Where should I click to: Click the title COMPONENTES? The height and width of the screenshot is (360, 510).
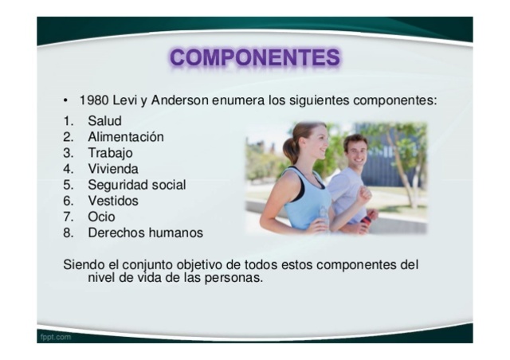tap(254, 58)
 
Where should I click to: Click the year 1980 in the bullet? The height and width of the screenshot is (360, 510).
tap(93, 101)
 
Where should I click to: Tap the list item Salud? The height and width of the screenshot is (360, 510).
tap(104, 121)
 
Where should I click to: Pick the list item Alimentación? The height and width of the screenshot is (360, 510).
tap(125, 137)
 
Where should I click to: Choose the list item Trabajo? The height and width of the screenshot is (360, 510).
tap(110, 153)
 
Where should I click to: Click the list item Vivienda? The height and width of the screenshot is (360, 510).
tap(112, 169)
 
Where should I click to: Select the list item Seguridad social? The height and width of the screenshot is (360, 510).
tap(136, 185)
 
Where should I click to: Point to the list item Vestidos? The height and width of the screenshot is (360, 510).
tap(112, 201)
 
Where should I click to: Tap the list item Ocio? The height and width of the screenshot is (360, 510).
tap(101, 217)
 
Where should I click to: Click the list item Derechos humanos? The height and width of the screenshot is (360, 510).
tap(145, 233)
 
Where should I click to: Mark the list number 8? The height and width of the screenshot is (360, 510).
tap(68, 233)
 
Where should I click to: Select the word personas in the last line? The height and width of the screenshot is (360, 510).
tap(235, 279)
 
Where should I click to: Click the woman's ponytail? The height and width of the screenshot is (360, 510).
tap(289, 148)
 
